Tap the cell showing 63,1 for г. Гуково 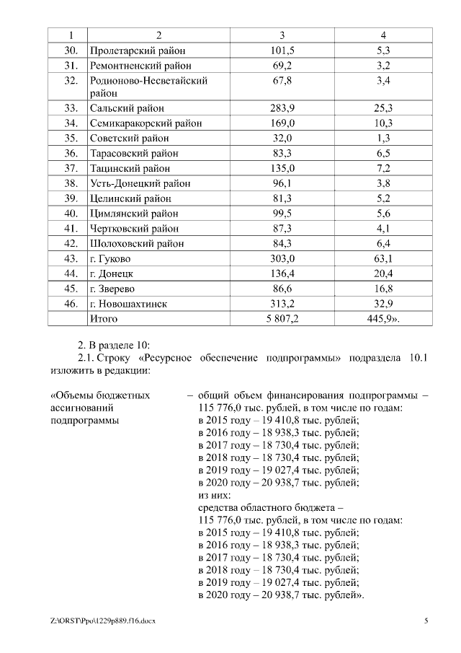pos(383,258)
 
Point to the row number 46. pos(71,304)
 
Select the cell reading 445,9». pos(383,318)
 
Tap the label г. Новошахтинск pos(128,304)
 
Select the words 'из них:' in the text pos(214,495)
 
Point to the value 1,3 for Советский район pos(383,138)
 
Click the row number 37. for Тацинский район pos(71,168)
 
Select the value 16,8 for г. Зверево pos(383,289)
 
